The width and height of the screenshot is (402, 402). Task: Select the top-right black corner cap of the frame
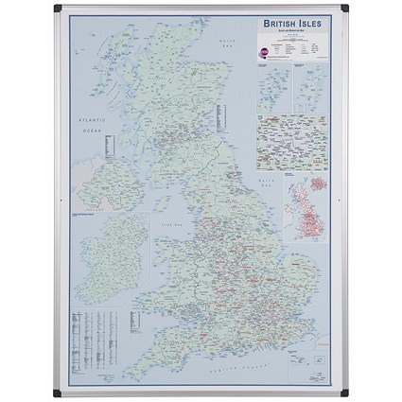click(x=346, y=7)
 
